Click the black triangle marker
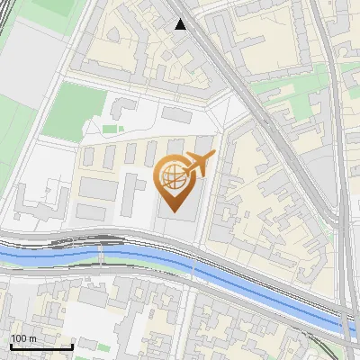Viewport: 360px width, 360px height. pos(181,24)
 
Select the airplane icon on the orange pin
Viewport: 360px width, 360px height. pos(199,165)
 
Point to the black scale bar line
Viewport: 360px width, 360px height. pos(41,347)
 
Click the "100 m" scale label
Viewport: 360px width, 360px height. pos(24,338)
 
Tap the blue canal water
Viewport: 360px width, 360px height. pos(135,262)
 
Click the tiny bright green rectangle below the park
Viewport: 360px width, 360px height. pos(109,130)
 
